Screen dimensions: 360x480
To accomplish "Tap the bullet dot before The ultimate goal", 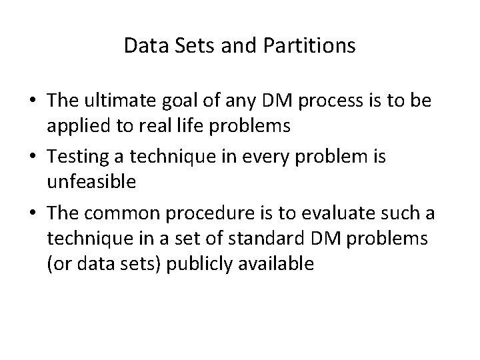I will tap(32, 101).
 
